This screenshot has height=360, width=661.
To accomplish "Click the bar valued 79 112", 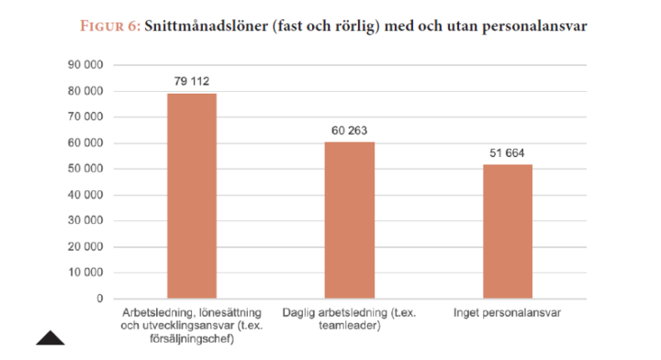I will tap(191, 196).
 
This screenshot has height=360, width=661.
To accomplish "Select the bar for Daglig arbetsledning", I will tap(349, 220).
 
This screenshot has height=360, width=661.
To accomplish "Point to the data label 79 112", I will tap(191, 82).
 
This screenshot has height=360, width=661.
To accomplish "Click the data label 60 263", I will tap(349, 130).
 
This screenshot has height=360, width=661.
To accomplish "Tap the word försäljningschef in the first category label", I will tap(191, 337).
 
